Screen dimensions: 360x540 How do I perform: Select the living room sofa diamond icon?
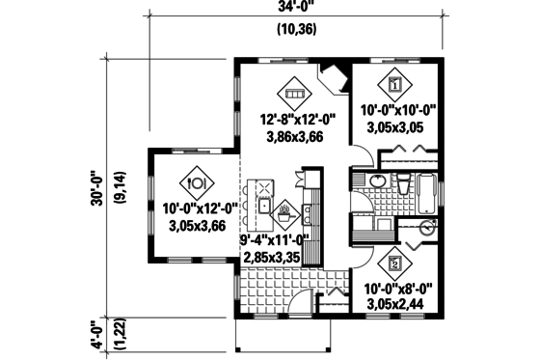click(294, 94)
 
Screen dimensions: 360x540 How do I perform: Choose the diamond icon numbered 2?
click(394, 260)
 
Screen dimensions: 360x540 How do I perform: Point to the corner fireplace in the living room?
click(335, 76)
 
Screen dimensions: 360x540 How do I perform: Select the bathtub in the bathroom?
click(422, 193)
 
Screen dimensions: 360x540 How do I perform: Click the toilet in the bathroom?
click(403, 182)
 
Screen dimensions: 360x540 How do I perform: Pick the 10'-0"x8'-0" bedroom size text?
click(397, 288)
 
